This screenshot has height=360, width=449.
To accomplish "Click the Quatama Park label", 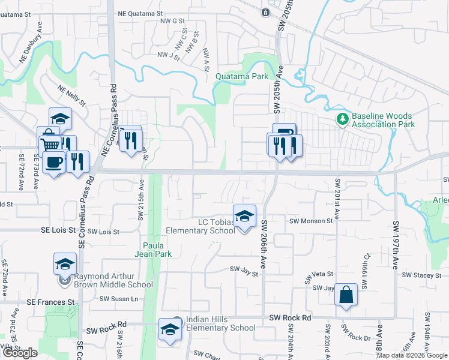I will click(x=242, y=77).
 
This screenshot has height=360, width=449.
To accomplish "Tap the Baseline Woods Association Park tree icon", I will click(x=342, y=119).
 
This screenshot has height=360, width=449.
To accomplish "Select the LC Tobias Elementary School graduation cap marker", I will click(x=244, y=217).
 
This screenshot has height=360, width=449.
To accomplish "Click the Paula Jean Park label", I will click(x=157, y=250).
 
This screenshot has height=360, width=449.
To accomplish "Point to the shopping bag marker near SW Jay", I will click(x=346, y=295).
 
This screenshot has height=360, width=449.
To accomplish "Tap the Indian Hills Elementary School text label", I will click(x=220, y=323).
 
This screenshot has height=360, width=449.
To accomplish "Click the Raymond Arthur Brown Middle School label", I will click(x=113, y=280).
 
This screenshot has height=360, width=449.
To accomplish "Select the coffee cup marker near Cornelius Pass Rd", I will click(x=54, y=162).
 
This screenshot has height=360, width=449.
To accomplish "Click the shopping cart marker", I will click(x=51, y=145).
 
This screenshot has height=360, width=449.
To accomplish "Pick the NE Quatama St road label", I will click(x=140, y=13).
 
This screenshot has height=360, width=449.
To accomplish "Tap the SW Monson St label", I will click(x=311, y=221).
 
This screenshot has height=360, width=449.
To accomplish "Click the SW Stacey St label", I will click(x=421, y=275).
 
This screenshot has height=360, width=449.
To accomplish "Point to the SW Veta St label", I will click(x=319, y=274).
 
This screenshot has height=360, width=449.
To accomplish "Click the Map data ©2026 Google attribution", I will click(x=412, y=355).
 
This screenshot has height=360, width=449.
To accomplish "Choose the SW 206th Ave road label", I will click(x=264, y=245).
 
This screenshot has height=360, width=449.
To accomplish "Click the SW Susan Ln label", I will click(x=119, y=298).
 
